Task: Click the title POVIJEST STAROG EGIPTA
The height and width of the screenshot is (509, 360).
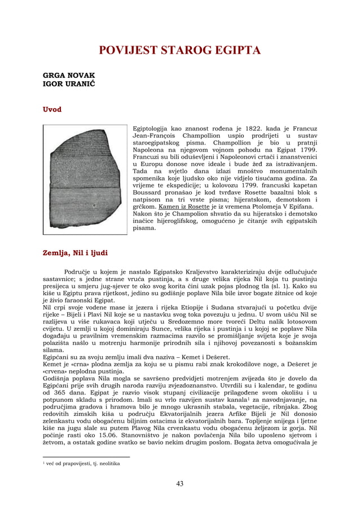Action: coord(179,51)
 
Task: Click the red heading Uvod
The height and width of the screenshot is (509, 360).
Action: coord(52,109)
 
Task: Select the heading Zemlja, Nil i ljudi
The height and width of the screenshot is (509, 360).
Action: coord(75,252)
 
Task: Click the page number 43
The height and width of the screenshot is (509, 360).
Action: coord(179,483)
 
